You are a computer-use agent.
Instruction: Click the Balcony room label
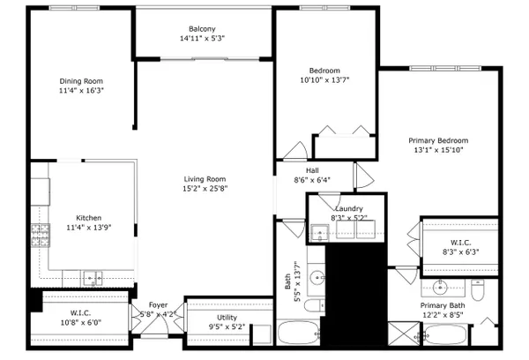[x=202, y=29]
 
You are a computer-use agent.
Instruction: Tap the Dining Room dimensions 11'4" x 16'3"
[x=81, y=91]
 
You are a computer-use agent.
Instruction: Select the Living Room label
[x=205, y=179]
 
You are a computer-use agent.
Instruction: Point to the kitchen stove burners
[x=41, y=236]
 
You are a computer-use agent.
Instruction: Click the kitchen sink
[x=93, y=278]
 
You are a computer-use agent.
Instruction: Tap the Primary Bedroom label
[x=438, y=140]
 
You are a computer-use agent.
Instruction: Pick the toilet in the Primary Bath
[x=478, y=290]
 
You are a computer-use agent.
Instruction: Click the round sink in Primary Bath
[x=440, y=288]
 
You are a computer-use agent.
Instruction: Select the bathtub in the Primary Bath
[x=445, y=334]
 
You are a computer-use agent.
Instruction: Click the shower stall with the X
[x=404, y=334]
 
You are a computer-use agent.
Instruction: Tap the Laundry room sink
[x=319, y=233]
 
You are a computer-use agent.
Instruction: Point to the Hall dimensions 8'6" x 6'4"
[x=312, y=180]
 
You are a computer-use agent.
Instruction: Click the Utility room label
[x=227, y=318]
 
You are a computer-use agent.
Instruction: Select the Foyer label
[x=158, y=305]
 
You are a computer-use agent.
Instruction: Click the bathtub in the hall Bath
[x=298, y=333]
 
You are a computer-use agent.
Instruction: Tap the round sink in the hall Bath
[x=317, y=278]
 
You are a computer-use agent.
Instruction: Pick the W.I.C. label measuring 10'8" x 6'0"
[x=80, y=312]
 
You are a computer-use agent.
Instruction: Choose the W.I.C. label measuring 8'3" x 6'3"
[x=460, y=243]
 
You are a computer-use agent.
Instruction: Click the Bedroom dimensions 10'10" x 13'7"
[x=324, y=80]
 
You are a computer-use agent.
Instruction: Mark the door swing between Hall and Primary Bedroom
[x=364, y=176]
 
